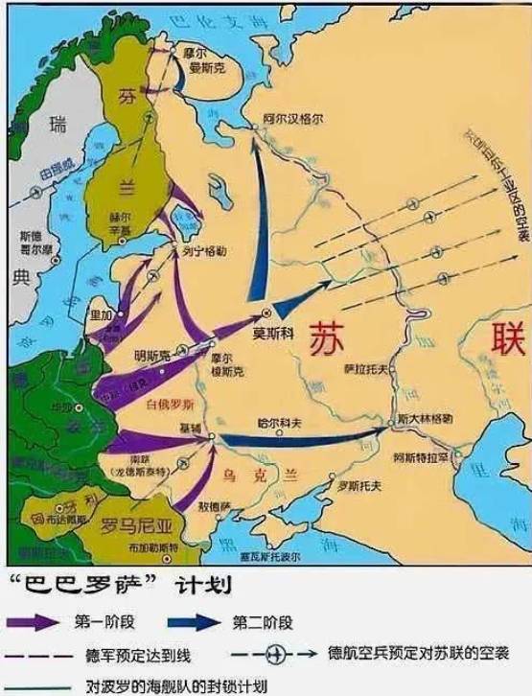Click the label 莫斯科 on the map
(271, 335)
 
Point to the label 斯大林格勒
(425, 419)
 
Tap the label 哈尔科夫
(278, 421)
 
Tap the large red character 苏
(331, 338)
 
